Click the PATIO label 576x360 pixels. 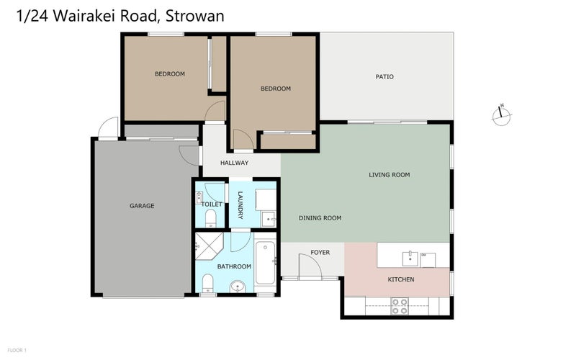click(384, 77)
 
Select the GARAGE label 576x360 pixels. click(142, 206)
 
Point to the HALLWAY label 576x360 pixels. click(234, 163)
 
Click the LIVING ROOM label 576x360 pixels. click(389, 175)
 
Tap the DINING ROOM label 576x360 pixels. click(320, 218)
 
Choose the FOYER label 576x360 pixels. click(320, 252)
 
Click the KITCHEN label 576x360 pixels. click(401, 279)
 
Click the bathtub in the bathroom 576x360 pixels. click(265, 264)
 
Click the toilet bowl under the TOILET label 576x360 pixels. click(210, 217)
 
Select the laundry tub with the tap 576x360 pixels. click(267, 216)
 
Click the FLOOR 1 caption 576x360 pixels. click(16, 351)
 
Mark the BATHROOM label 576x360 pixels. click(234, 267)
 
